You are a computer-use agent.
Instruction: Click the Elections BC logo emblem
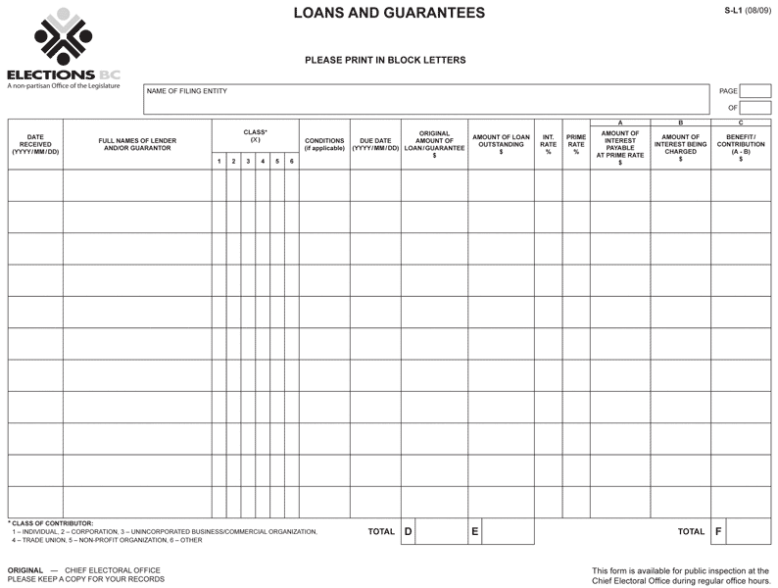[63, 38]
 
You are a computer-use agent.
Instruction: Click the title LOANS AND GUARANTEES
[389, 14]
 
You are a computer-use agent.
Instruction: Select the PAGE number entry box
[755, 91]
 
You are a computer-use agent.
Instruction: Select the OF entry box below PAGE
[755, 108]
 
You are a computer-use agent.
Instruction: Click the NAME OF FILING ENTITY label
[187, 92]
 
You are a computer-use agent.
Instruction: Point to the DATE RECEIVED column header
[35, 144]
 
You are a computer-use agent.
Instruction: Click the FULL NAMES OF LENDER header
[137, 144]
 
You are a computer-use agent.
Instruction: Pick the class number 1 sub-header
[219, 161]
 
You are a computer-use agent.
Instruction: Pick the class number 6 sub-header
[291, 161]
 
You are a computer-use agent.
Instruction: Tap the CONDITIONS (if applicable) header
[324, 144]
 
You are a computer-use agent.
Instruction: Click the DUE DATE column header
[375, 144]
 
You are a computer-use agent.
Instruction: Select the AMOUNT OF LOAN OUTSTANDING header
[501, 144]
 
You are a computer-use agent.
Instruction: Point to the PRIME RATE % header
[576, 144]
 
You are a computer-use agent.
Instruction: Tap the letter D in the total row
[409, 532]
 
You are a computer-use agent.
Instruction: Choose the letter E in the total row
[475, 532]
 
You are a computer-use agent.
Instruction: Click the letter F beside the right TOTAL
[718, 532]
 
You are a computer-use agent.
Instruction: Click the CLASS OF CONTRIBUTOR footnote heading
[51, 523]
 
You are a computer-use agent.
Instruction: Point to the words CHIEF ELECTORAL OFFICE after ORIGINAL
[113, 569]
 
